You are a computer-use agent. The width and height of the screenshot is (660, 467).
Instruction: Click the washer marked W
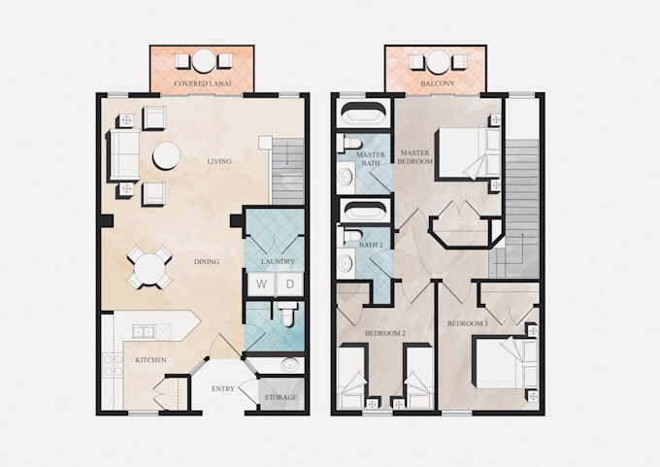click(261, 284)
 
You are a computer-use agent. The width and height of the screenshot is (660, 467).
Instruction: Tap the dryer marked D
click(289, 284)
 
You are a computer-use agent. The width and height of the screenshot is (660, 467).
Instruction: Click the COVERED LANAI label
click(203, 83)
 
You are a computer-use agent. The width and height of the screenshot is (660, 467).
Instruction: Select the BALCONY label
click(438, 83)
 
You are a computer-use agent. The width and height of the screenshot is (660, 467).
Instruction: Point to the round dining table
click(149, 268)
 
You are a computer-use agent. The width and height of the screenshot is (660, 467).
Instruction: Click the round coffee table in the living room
click(166, 155)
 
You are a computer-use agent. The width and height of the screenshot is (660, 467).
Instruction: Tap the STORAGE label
click(280, 397)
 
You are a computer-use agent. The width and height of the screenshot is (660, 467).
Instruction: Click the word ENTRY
click(222, 388)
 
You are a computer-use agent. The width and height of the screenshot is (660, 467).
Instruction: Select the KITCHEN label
click(150, 360)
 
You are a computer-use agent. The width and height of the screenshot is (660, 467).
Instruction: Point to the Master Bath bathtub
click(363, 113)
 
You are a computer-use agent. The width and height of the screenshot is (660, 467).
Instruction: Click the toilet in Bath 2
click(351, 236)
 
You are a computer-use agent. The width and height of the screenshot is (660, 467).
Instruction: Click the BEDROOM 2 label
click(384, 334)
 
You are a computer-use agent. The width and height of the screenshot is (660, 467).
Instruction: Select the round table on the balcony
click(438, 62)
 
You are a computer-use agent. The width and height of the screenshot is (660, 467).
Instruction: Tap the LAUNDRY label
click(278, 261)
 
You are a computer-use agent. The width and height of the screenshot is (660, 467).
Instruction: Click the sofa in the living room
click(123, 155)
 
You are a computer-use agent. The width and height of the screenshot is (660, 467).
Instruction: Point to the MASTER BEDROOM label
click(415, 156)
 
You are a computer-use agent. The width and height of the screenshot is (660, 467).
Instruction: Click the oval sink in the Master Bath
click(346, 177)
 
